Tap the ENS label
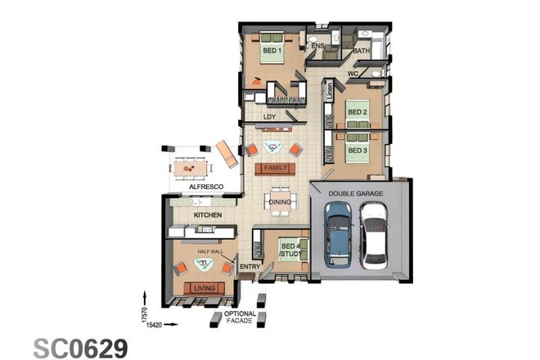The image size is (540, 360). pyautogui.click(x=318, y=46)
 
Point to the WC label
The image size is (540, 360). pyautogui.click(x=354, y=74)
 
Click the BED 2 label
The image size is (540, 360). pyautogui.click(x=357, y=111)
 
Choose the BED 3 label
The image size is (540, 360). pyautogui.click(x=357, y=151)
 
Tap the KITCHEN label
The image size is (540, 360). pyautogui.click(x=209, y=215)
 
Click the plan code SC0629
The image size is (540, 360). pyautogui.click(x=80, y=347)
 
